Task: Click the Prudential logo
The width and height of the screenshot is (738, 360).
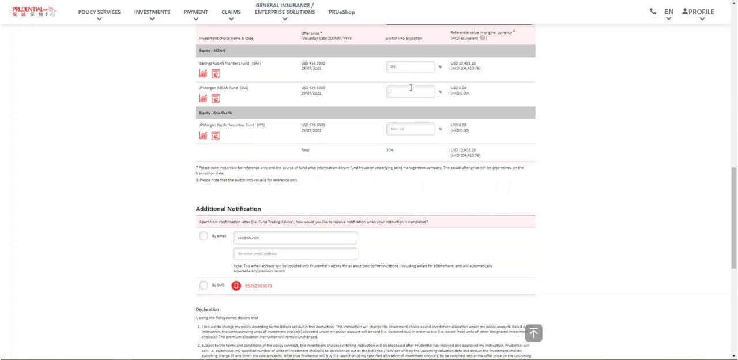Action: tap(33, 12)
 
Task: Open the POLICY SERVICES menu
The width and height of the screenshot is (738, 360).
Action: tap(99, 12)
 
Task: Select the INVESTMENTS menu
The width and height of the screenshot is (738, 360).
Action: tap(152, 12)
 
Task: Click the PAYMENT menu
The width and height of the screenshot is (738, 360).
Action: tap(195, 12)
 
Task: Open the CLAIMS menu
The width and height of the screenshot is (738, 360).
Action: tap(231, 12)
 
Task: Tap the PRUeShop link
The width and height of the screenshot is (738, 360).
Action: tap(341, 12)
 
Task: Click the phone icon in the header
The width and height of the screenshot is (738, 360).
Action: tap(653, 11)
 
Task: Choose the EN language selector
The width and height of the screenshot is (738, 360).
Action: tap(668, 12)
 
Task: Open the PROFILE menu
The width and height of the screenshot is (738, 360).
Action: tap(698, 12)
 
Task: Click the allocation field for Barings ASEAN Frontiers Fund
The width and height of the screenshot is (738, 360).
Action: tap(411, 67)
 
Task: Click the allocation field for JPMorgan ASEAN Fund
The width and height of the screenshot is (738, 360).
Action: tap(411, 91)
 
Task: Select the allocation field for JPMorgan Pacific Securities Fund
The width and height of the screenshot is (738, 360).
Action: tap(411, 129)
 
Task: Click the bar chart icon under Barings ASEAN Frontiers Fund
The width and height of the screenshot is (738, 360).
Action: tap(203, 74)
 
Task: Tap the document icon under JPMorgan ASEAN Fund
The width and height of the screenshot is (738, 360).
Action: tap(216, 99)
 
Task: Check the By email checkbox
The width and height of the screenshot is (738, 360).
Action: tap(204, 236)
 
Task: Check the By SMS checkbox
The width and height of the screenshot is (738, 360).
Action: tap(204, 285)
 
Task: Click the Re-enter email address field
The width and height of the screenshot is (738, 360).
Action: tap(295, 254)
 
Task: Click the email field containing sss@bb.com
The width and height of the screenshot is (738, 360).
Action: tap(295, 238)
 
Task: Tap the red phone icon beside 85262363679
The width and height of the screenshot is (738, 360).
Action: tap(236, 286)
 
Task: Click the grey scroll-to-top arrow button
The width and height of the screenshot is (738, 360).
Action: tap(533, 333)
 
